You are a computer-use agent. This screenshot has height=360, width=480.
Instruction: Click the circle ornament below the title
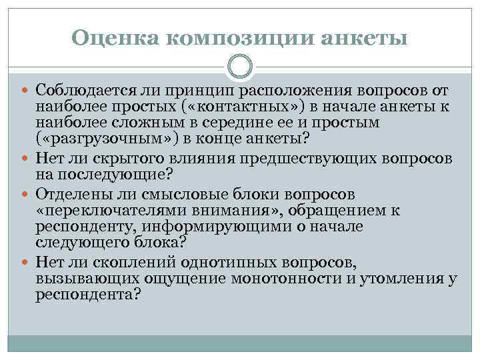click(240, 67)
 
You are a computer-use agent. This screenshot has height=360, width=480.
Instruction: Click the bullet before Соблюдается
click(27, 90)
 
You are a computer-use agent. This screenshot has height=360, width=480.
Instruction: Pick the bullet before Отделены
click(27, 195)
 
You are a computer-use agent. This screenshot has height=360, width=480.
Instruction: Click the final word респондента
click(85, 294)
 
